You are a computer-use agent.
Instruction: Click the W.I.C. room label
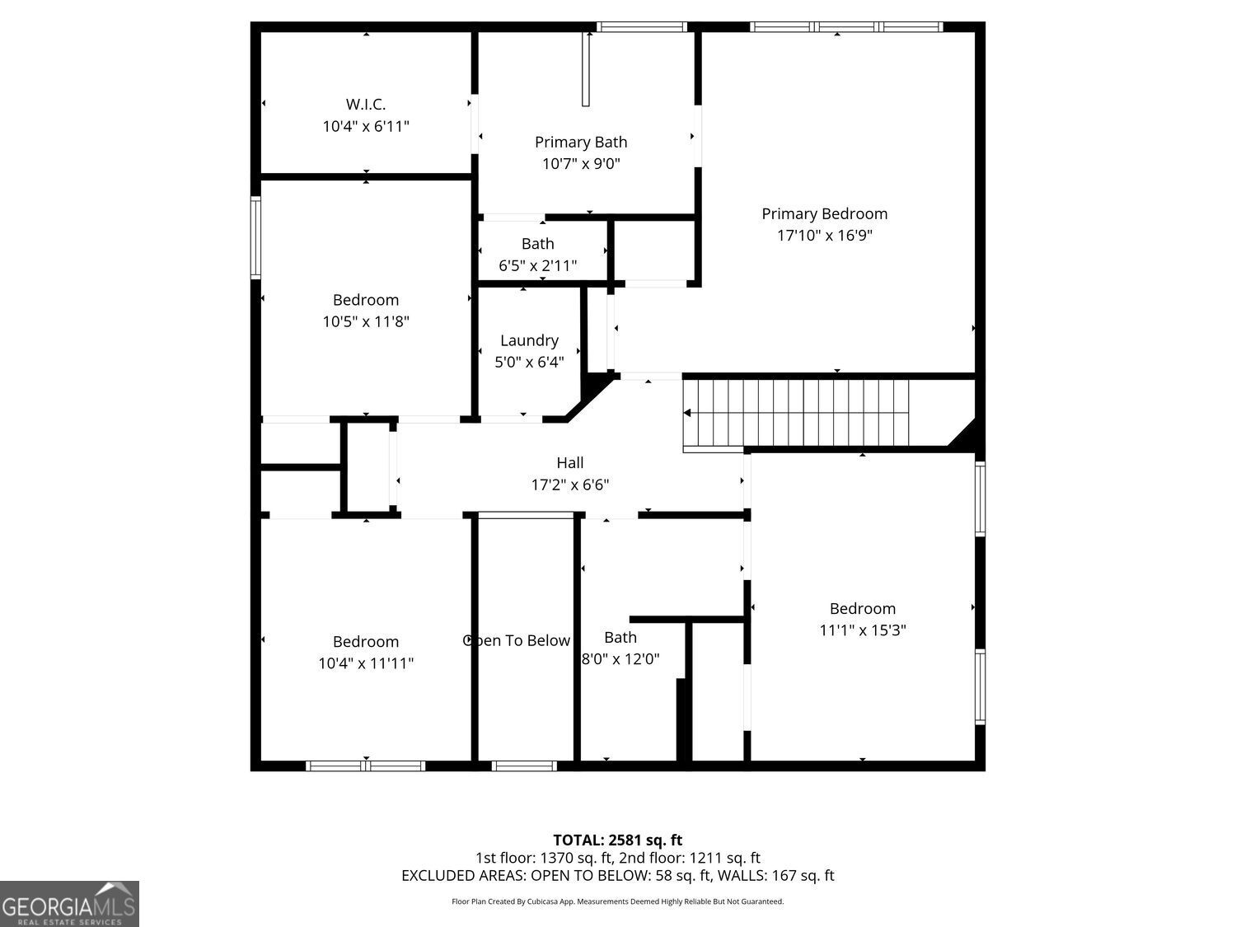365,105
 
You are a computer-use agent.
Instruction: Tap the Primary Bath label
581,143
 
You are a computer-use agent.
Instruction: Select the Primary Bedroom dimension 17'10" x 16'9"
824,236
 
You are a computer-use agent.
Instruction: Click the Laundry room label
529,340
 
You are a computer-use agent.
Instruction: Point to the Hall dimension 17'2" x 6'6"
569,485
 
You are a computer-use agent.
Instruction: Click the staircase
796,412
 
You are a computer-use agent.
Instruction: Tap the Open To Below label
517,641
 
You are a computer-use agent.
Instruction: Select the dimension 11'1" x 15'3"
862,630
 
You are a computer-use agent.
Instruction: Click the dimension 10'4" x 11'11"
365,663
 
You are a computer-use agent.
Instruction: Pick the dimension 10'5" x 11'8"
365,321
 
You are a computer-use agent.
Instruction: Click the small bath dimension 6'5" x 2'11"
537,266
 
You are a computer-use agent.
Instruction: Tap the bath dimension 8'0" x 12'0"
620,659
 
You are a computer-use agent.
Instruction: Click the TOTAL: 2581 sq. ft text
617,840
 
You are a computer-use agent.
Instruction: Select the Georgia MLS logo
69,903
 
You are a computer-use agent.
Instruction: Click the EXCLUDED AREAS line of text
617,876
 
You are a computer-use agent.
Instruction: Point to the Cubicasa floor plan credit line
617,901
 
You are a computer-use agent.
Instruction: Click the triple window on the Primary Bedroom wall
846,27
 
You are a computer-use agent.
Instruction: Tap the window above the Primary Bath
641,27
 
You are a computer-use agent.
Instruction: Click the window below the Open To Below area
524,765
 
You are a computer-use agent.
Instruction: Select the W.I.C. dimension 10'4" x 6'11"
365,126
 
